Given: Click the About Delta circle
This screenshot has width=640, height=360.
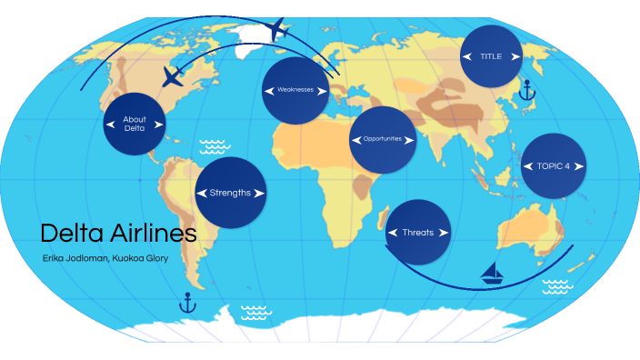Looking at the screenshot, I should (135, 124).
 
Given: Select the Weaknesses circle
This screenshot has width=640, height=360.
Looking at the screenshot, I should (295, 91).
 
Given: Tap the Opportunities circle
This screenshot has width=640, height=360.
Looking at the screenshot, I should (383, 140).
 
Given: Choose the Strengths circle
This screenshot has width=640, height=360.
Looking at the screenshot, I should (231, 193).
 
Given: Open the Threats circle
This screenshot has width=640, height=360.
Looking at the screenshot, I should (418, 233).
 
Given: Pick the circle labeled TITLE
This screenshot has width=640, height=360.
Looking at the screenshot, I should (491, 56).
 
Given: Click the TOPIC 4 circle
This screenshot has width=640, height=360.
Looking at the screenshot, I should (554, 166).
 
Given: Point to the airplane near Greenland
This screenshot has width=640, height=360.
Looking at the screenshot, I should (277, 30).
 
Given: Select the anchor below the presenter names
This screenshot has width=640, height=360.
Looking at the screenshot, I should (188, 303).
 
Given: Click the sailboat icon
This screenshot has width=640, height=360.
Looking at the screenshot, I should (494, 273).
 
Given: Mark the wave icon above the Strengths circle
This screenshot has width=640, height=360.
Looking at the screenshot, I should (213, 146).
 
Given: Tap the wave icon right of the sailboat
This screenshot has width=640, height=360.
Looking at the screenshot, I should (557, 287).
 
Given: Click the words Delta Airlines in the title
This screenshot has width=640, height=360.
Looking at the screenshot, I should (118, 233).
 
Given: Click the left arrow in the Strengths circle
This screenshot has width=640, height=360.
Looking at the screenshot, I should (202, 193).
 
